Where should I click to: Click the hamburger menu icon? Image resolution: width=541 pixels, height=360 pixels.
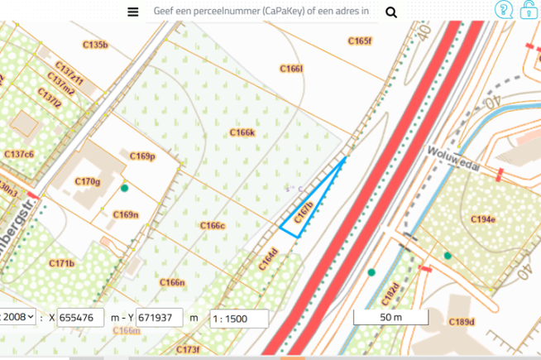click(x=132, y=12)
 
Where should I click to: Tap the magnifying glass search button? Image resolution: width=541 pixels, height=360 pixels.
click(x=391, y=12)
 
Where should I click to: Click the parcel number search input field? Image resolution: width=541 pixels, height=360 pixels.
click(x=261, y=12)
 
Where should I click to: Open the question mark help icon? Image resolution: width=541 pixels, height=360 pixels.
click(x=503, y=10)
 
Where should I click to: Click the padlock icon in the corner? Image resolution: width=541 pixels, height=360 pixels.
click(x=528, y=10)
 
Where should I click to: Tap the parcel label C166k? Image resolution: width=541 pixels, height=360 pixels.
click(x=242, y=132)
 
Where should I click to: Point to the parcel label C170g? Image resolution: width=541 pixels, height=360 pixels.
click(x=87, y=181)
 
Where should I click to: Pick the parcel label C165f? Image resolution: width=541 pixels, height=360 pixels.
click(x=360, y=41)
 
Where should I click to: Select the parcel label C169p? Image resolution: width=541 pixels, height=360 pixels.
click(x=143, y=156)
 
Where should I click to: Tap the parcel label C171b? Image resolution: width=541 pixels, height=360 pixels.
click(x=61, y=264)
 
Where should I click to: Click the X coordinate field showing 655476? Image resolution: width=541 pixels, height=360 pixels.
click(x=81, y=317)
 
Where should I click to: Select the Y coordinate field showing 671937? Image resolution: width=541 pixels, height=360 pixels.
click(x=160, y=317)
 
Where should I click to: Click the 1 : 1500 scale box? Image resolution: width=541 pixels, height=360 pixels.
click(x=239, y=318)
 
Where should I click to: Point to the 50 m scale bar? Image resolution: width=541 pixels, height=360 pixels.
click(x=390, y=317)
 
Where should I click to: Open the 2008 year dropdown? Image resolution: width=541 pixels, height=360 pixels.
click(x=18, y=317)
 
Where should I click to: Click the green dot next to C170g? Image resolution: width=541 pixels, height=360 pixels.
click(x=125, y=188)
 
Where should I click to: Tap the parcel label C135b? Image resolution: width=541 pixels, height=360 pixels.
click(x=96, y=44)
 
